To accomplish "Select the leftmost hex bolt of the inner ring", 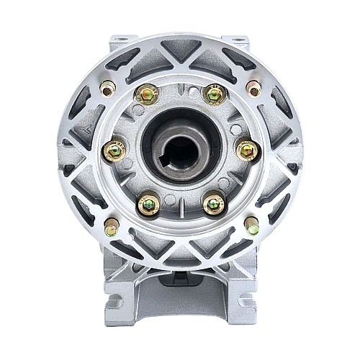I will tap(114, 150).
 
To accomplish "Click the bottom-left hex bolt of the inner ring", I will tap(148, 204).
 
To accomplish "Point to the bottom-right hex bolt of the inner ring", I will tap(214, 204).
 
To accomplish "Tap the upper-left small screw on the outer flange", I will tap(109, 89).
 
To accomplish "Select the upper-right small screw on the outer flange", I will tap(253, 89).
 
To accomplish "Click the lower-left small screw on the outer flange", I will tap(111, 227).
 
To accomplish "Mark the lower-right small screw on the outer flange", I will tap(251, 227).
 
